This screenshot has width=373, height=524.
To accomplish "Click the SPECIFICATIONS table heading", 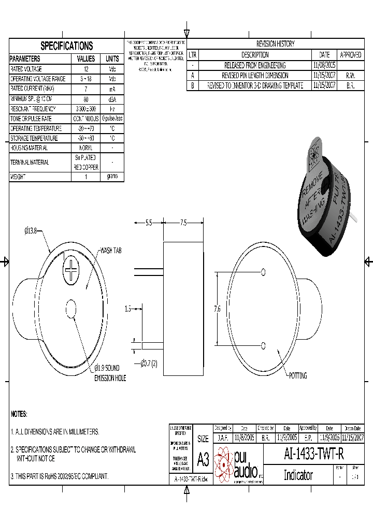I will pyautogui.click(x=67, y=46).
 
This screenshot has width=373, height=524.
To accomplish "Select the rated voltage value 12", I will pyautogui.click(x=86, y=69).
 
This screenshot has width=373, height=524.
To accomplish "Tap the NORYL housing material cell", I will pyautogui.click(x=86, y=148).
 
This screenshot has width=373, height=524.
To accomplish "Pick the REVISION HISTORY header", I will pyautogui.click(x=275, y=44).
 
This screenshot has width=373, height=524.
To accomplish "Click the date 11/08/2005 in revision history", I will pyautogui.click(x=324, y=65).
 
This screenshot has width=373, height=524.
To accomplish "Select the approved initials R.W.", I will pyautogui.click(x=350, y=75).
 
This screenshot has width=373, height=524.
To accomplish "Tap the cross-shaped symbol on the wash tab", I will pyautogui.click(x=71, y=270).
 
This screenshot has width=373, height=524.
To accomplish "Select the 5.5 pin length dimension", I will pyautogui.click(x=148, y=223).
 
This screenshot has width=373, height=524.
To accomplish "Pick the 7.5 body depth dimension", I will pyautogui.click(x=183, y=223).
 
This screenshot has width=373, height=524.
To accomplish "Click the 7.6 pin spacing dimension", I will pyautogui.click(x=217, y=309).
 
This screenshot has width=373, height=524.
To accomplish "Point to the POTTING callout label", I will pyautogui.click(x=298, y=375).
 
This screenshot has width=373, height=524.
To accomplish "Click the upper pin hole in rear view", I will pyautogui.click(x=264, y=272).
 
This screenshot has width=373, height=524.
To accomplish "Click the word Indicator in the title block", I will pyautogui.click(x=298, y=475).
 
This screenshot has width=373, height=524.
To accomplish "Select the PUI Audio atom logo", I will pyautogui.click(x=224, y=463).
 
